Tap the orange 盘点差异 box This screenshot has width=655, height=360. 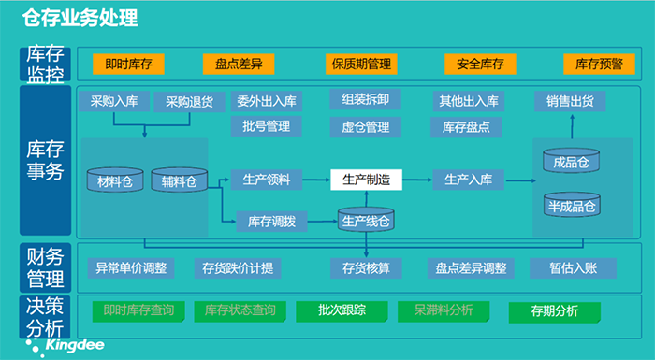tap(239, 65)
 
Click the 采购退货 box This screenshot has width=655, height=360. tap(189, 101)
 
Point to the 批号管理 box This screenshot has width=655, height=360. tap(266, 125)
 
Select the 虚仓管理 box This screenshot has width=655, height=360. tap(366, 125)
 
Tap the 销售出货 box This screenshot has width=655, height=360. tap(570, 101)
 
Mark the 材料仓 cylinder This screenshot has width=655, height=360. tap(115, 179)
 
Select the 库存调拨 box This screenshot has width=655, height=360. tap(271, 222)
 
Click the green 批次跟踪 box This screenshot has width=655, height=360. tap(341, 310)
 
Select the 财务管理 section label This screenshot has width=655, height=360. tap(45, 266)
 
